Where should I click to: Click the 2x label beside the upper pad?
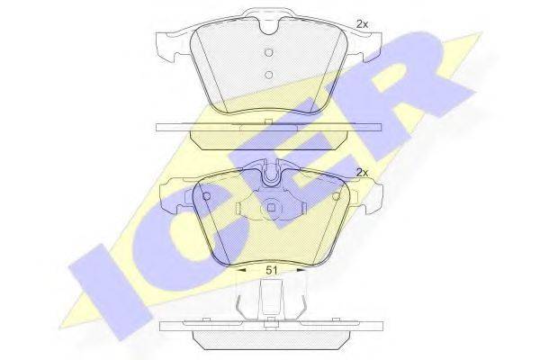362,23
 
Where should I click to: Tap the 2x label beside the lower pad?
362,173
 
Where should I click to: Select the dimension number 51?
272,270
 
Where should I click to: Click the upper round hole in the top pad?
269,52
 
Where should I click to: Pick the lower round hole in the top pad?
269,75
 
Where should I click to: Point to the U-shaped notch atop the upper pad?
270,27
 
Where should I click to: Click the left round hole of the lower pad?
207,196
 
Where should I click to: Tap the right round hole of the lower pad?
336,196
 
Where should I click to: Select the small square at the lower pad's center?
272,207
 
